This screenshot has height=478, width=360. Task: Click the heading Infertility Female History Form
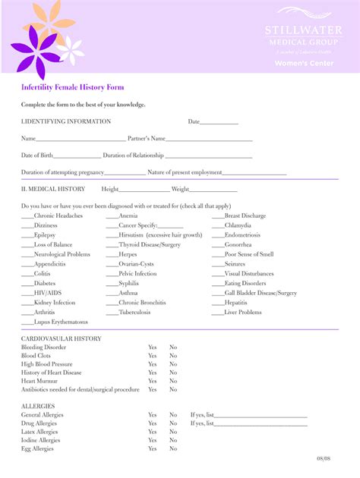pos(73,88)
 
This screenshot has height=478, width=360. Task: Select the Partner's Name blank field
pos(209,140)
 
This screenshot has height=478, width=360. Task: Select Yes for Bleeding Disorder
pos(152,347)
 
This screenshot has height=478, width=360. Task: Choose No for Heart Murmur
pos(173,381)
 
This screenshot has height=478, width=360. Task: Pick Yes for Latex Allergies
pos(152,432)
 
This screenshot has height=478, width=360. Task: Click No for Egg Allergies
pos(173,448)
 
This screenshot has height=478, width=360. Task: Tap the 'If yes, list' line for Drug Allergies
pos(261,424)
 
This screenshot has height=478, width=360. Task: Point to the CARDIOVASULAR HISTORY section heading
pos(62,338)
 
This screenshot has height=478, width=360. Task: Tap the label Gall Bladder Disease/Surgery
pos(261,293)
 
